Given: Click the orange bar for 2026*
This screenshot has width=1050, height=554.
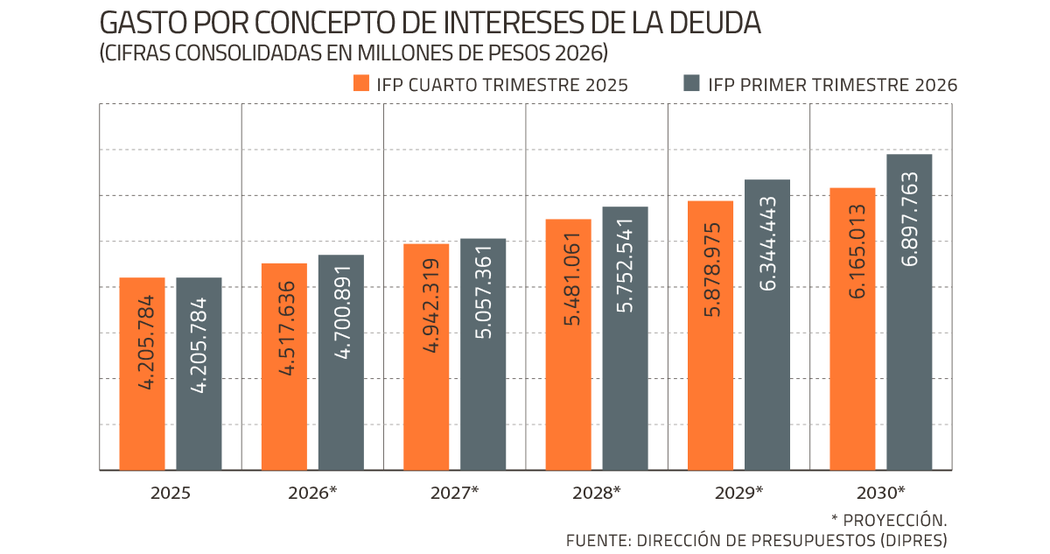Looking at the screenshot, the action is (284, 367).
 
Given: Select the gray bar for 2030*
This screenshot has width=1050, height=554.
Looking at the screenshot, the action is (909, 312).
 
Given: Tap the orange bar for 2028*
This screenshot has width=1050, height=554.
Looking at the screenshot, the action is (568, 345).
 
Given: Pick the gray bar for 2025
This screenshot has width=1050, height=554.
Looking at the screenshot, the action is (199, 374).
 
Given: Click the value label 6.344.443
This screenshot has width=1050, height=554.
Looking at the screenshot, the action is (768, 243).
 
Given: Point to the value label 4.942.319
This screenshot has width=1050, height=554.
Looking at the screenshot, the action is (430, 305).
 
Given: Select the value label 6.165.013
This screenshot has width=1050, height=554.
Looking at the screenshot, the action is (857, 251).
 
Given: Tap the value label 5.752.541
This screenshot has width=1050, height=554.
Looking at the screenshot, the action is (625, 265).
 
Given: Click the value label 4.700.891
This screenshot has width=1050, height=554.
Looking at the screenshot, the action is (342, 312).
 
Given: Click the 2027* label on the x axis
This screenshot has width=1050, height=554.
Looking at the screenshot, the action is (454, 493).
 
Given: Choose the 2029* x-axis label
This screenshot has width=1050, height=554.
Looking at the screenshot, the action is (738, 493).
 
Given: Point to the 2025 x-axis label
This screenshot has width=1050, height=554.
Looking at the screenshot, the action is (170, 493).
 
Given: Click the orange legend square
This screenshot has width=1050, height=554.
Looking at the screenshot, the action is (360, 83).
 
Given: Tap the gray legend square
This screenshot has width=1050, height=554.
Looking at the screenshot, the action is (691, 83).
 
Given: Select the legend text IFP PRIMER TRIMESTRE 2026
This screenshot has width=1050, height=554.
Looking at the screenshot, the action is (832, 85).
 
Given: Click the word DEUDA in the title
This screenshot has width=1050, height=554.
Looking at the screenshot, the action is (715, 23).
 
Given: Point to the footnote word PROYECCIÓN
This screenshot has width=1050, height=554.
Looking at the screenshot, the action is (894, 520).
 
